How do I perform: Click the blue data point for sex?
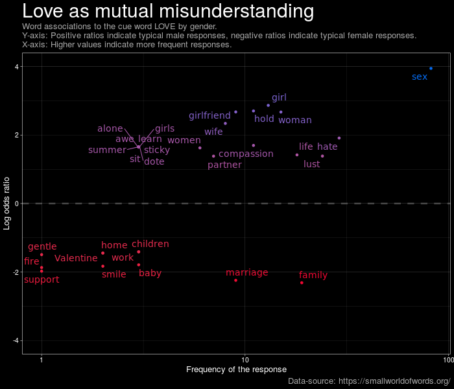click(x=431, y=68)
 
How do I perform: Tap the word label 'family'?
click(x=313, y=275)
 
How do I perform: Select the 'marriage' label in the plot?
click(x=246, y=272)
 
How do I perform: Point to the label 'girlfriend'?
click(x=209, y=115)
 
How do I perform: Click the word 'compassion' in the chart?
click(x=246, y=154)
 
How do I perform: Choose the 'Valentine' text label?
click(x=76, y=258)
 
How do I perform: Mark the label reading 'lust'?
click(x=311, y=164)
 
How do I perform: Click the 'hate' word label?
click(x=327, y=147)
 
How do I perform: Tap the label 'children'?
click(x=150, y=244)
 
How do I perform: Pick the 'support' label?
click(x=42, y=279)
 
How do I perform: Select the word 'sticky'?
click(x=157, y=150)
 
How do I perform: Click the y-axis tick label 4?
click(x=16, y=67)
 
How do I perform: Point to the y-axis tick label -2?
click(x=15, y=272)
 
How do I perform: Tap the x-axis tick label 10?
click(x=245, y=360)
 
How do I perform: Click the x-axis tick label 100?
click(x=447, y=360)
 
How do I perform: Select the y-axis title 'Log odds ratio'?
click(x=7, y=204)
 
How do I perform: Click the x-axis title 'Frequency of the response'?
click(x=236, y=370)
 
